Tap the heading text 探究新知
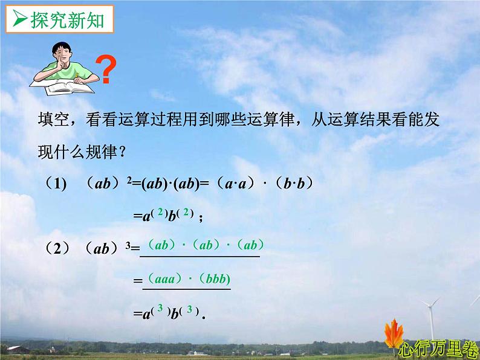point(67,21)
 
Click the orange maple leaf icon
point(395,336)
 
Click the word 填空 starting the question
point(51,120)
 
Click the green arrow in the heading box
point(20,21)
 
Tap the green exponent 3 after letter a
point(160,309)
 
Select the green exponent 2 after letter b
point(187,212)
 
